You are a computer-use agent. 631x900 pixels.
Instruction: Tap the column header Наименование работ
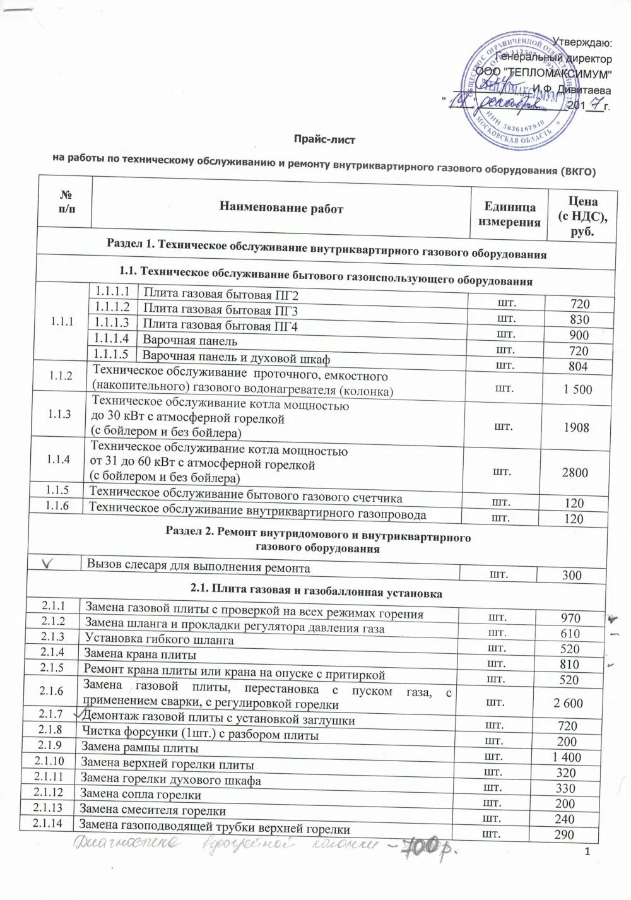coord(281,208)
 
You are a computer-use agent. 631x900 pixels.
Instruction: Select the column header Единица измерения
coord(509,215)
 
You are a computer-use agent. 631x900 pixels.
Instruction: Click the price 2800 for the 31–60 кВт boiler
coord(575,473)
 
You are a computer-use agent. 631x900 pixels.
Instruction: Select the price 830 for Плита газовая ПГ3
coord(579,319)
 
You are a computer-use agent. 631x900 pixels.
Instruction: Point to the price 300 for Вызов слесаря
coord(572,575)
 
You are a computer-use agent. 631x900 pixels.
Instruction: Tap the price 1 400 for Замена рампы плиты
coord(566,757)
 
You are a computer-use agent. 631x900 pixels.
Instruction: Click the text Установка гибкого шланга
coord(159,639)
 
